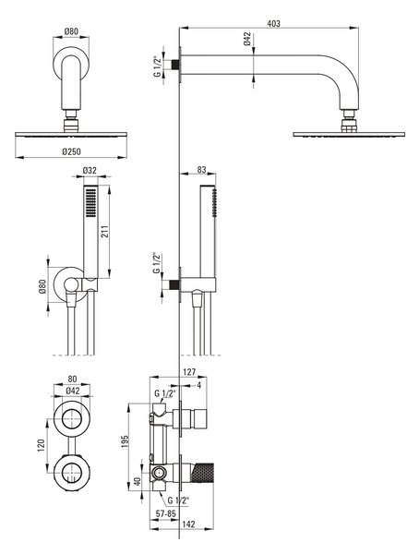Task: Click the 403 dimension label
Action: [x=273, y=24]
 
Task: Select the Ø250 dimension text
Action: [x=71, y=151]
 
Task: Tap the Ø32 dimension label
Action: [x=90, y=170]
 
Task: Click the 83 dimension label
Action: [x=201, y=170]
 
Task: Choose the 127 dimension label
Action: [x=189, y=372]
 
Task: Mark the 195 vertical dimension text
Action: [x=126, y=441]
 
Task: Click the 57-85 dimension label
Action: [x=166, y=513]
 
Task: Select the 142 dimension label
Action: [x=188, y=524]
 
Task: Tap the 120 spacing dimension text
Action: [x=41, y=446]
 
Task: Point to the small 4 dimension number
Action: [x=199, y=385]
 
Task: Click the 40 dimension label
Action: [x=138, y=481]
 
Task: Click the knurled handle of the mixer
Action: [x=202, y=472]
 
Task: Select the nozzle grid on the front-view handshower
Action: [x=90, y=201]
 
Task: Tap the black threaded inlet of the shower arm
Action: [x=174, y=65]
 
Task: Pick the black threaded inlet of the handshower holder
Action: [x=174, y=284]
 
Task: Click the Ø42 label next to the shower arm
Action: [x=247, y=39]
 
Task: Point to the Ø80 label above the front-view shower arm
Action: [x=71, y=31]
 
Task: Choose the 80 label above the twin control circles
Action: [x=72, y=379]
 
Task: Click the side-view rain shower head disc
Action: [x=349, y=135]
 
